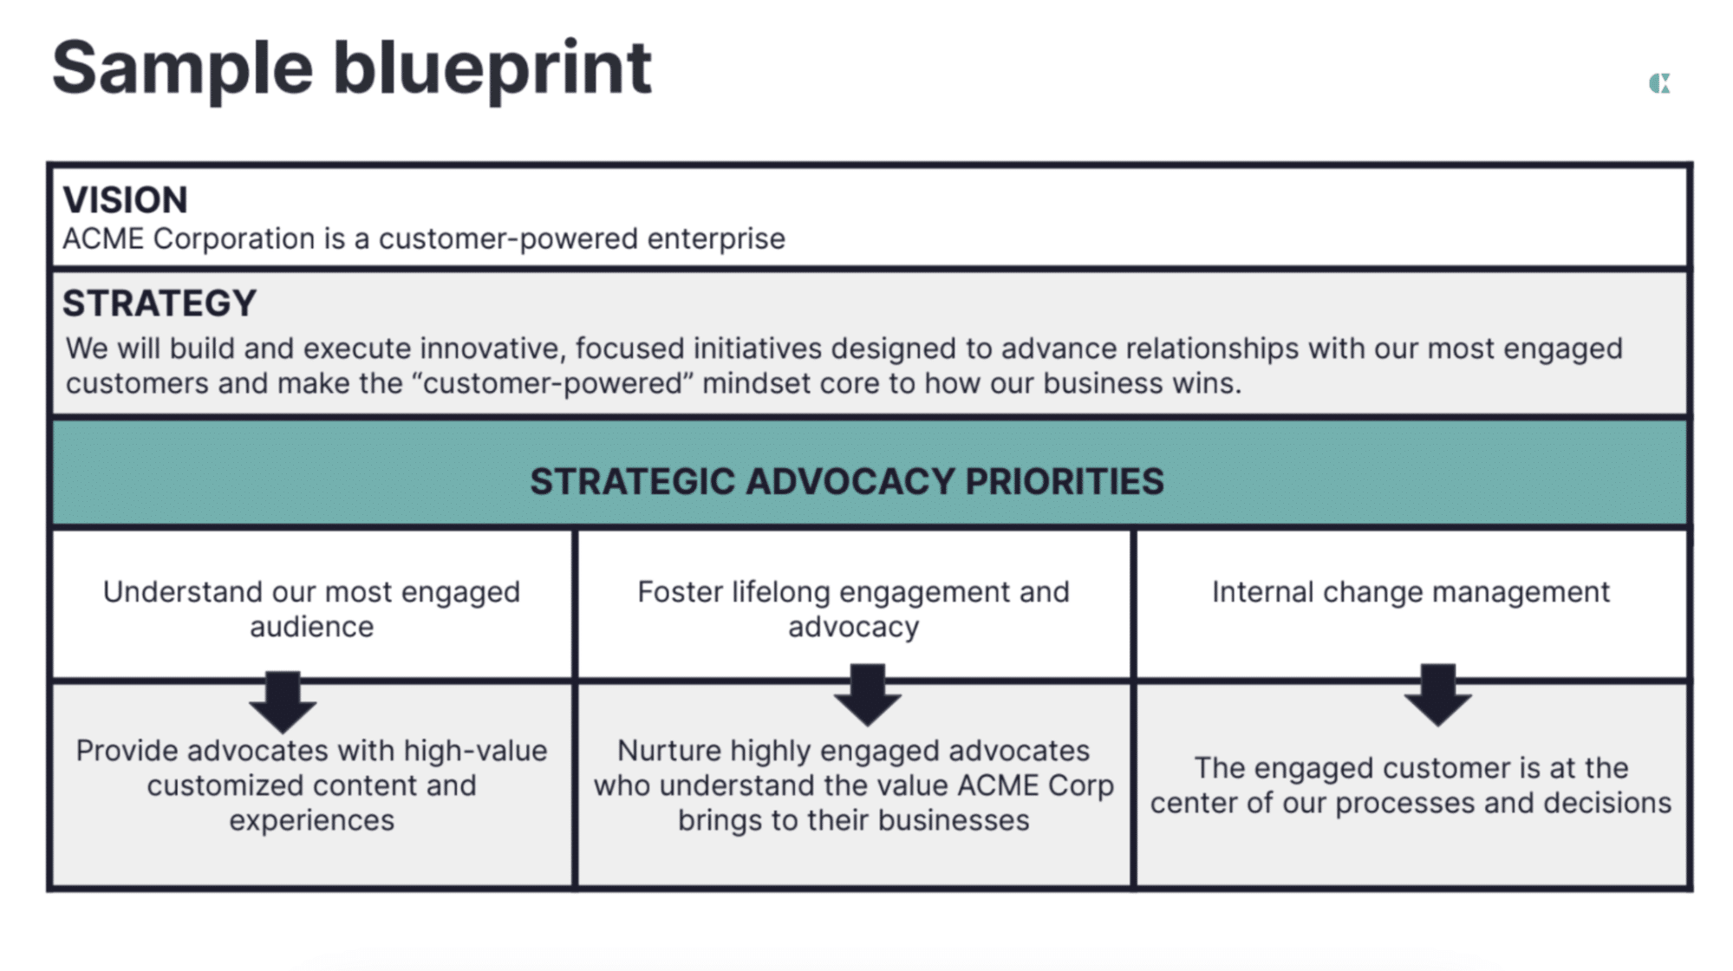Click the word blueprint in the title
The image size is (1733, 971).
click(492, 69)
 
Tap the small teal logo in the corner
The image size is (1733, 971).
click(1659, 83)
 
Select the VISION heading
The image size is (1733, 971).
click(125, 200)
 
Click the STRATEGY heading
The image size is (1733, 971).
click(160, 303)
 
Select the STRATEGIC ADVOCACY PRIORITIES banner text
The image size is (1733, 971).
click(847, 482)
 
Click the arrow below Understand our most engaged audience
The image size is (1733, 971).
click(283, 701)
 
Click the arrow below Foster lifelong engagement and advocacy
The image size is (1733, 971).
click(867, 695)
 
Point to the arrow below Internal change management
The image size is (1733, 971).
click(1437, 695)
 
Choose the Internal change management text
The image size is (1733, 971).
click(1411, 592)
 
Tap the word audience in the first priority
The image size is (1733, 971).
click(312, 627)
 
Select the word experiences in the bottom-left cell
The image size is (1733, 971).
click(312, 821)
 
